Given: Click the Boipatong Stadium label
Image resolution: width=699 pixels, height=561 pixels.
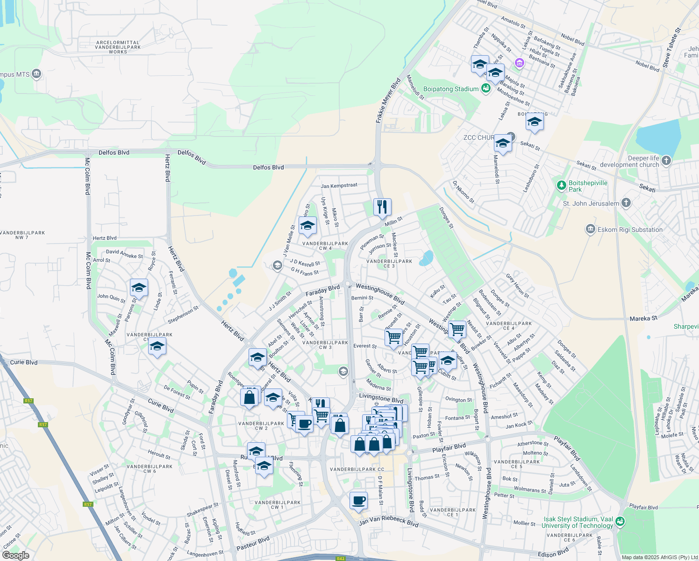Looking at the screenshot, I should point(451,89).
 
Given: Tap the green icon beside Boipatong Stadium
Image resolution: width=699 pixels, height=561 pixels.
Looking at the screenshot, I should point(486,88).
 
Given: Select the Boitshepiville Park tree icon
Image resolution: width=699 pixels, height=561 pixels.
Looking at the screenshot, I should point(562,186).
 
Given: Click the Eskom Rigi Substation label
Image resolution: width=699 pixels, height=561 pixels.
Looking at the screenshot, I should point(630,230).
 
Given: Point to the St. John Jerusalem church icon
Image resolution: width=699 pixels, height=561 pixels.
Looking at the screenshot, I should point(627,203).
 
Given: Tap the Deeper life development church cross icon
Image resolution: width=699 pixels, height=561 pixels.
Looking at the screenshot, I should point(666,161).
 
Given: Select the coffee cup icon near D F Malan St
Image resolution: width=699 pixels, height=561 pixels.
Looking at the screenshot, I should point(358,501).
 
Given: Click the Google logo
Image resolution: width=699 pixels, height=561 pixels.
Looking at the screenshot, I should point(15,555).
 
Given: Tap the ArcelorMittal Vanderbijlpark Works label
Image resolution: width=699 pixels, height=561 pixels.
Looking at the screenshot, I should point(118,47).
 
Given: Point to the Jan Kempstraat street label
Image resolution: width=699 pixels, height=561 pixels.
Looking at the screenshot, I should point(339,186).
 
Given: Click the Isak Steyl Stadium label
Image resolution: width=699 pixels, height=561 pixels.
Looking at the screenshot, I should point(578,522).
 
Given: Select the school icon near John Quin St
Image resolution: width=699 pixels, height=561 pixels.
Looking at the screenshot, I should point(139,288).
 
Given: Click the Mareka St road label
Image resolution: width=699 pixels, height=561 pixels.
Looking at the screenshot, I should point(643,318).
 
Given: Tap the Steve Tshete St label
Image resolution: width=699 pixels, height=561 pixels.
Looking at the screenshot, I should point(671,46).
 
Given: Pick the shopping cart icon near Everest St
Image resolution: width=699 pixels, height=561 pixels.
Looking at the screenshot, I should point(393,337).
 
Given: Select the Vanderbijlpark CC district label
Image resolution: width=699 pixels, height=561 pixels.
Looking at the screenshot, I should point(357,469).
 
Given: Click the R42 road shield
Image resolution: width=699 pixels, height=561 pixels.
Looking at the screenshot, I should point(340,558).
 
